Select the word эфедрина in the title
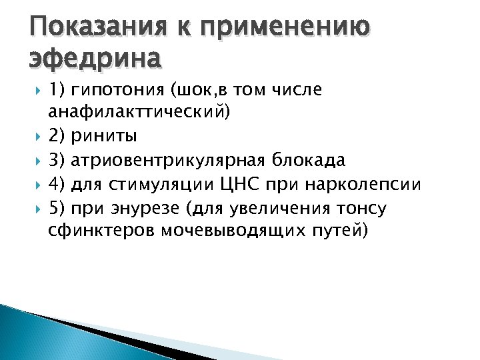pyautogui.click(x=95, y=59)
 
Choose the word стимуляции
pyautogui.click(x=149, y=185)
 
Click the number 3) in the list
pyautogui.click(x=57, y=161)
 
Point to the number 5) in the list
pyautogui.click(x=57, y=208)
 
